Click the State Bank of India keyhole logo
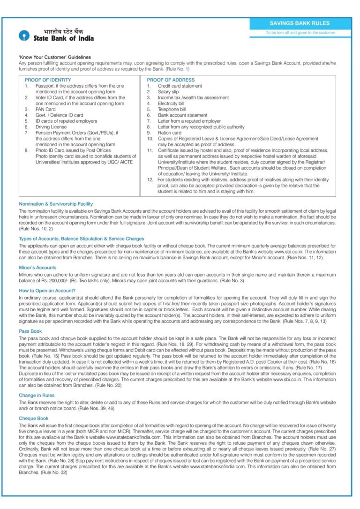[x=24, y=36]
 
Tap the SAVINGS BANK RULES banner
[x=300, y=23]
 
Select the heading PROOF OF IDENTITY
[x=48, y=80]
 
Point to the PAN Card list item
[x=45, y=109]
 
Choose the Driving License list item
[x=51, y=127]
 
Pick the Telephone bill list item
[x=172, y=109]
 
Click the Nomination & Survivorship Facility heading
[x=56, y=204]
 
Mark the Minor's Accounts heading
[x=38, y=268]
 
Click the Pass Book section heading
[x=30, y=331]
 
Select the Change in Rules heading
[x=37, y=396]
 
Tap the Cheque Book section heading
[x=33, y=418]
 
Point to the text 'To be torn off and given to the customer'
[x=300, y=33]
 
